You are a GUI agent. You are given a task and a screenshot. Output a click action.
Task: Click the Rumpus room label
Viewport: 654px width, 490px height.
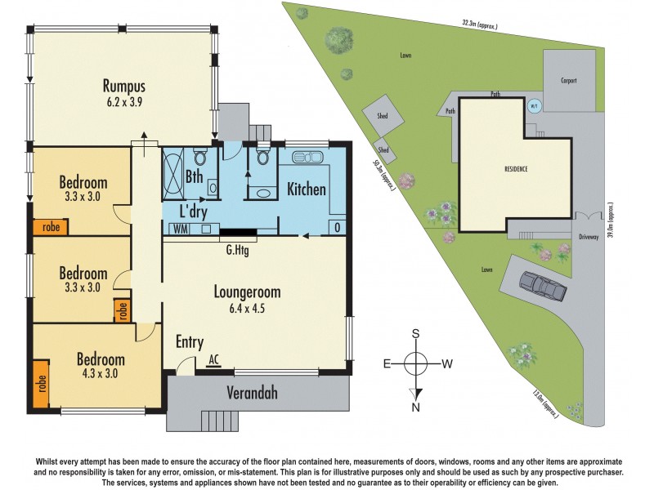(123, 86)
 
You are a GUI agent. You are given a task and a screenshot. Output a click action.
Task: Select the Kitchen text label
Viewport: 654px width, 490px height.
(307, 190)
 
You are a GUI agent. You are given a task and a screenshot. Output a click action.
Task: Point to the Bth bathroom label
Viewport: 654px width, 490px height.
(195, 176)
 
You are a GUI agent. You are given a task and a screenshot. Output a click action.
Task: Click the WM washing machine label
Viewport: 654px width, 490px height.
(179, 229)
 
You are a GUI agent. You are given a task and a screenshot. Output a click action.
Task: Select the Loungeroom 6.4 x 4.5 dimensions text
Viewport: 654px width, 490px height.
(247, 308)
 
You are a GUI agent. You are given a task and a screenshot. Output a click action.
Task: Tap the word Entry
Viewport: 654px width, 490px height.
(190, 342)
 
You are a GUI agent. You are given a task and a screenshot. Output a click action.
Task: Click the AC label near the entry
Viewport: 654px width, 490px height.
(214, 358)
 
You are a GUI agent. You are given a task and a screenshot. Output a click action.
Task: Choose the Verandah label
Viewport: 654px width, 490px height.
(252, 394)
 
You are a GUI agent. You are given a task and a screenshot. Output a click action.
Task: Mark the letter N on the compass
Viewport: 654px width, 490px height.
(416, 407)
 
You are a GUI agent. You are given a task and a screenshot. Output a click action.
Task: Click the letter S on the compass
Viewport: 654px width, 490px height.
(416, 333)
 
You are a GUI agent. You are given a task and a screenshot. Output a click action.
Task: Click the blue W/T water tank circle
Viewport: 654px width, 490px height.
(535, 105)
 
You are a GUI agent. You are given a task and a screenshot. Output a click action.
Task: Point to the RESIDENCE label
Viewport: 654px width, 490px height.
(515, 169)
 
